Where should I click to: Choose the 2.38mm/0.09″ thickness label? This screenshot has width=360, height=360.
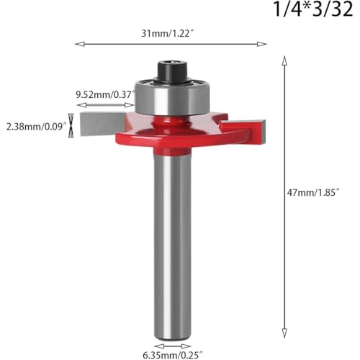tap(35, 126)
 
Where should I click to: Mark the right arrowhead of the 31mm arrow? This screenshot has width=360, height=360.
tap(264, 44)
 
